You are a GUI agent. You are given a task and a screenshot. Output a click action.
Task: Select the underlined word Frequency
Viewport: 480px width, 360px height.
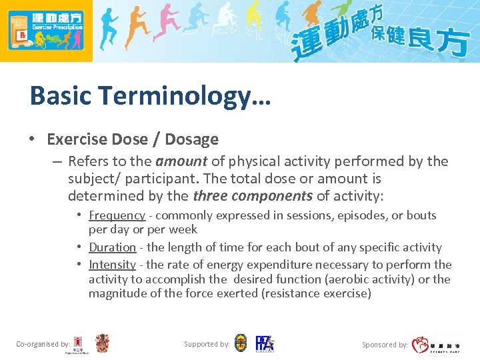(117, 215)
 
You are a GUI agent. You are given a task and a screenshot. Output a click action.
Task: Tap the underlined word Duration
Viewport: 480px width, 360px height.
(112, 247)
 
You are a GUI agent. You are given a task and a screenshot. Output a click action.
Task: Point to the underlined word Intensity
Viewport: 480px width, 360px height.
(112, 265)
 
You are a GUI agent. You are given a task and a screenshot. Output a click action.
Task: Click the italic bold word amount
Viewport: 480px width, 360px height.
(181, 161)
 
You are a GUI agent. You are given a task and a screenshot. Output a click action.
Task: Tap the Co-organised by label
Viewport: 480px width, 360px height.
(43, 344)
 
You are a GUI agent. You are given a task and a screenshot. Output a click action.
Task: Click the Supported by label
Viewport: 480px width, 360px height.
(207, 344)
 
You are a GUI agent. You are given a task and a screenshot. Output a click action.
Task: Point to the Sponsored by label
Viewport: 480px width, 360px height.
(385, 345)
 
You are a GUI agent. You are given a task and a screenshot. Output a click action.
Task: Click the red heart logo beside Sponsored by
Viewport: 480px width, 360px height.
(420, 345)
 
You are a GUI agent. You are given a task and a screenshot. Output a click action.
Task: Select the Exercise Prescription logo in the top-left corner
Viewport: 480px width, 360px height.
(46, 31)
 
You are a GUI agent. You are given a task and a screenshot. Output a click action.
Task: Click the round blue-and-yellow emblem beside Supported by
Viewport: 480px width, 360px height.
(241, 343)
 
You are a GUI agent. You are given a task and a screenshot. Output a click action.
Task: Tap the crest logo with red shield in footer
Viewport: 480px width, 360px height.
(102, 343)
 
